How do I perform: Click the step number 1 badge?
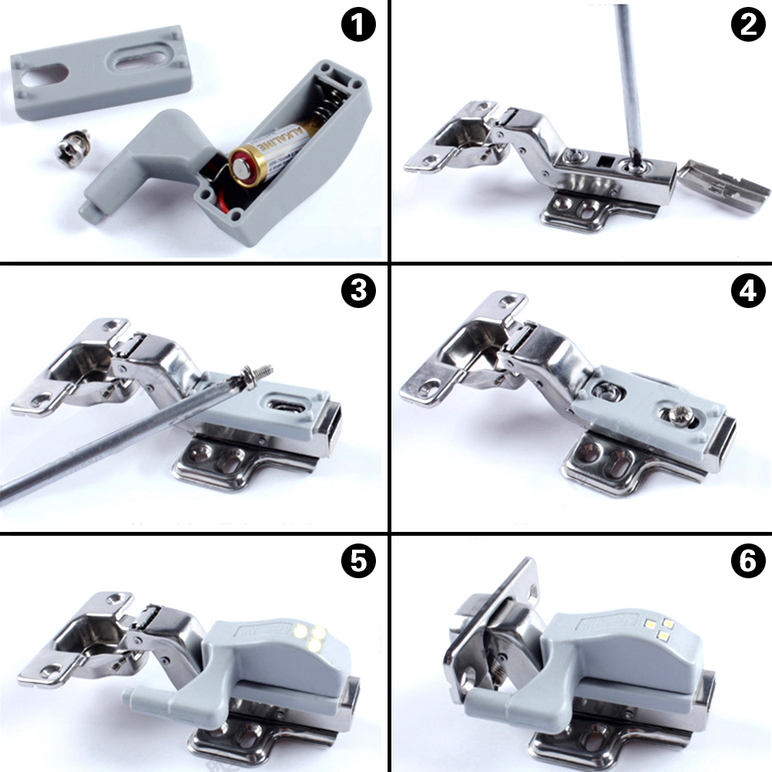click(x=357, y=25)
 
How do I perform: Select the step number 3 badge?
click(x=357, y=291)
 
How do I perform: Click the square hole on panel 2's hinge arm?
click(x=607, y=163)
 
